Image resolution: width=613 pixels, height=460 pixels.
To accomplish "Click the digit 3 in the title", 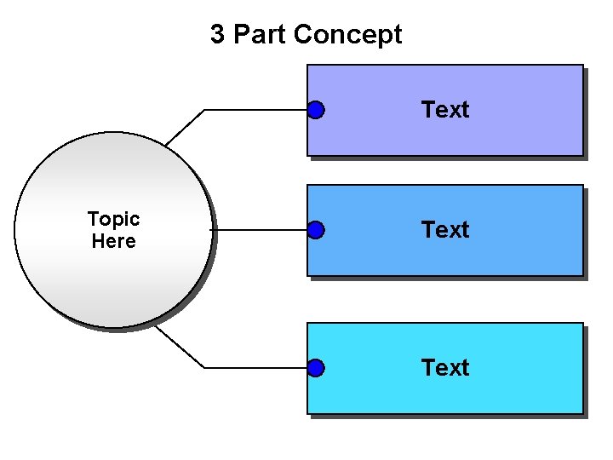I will pyautogui.click(x=218, y=35).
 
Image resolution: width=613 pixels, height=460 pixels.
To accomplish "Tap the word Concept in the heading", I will pyautogui.click(x=347, y=35).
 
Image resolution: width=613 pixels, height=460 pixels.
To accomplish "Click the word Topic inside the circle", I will pyautogui.click(x=113, y=219).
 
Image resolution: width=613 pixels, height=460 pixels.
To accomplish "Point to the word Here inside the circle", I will pyautogui.click(x=113, y=241).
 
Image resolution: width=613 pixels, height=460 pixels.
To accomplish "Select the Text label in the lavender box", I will pyautogui.click(x=444, y=110).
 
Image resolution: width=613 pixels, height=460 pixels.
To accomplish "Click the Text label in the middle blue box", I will pyautogui.click(x=444, y=230).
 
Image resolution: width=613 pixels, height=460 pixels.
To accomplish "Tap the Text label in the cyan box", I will pyautogui.click(x=444, y=368).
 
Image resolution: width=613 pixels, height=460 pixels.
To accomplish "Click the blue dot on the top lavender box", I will pyautogui.click(x=316, y=110).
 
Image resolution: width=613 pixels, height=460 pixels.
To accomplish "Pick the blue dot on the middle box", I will pyautogui.click(x=316, y=230).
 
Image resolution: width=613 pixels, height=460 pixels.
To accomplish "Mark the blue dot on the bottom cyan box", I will pyautogui.click(x=316, y=368).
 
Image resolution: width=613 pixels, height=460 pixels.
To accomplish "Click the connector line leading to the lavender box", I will pyautogui.click(x=255, y=110).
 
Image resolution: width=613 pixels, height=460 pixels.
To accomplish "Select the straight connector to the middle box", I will pyautogui.click(x=260, y=230).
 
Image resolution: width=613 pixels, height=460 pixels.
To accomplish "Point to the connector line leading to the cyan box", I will pyautogui.click(x=255, y=368).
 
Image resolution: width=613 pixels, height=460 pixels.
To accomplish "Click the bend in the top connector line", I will pyautogui.click(x=205, y=110).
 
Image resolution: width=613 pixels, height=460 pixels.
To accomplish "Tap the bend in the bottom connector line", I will pyautogui.click(x=205, y=368).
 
